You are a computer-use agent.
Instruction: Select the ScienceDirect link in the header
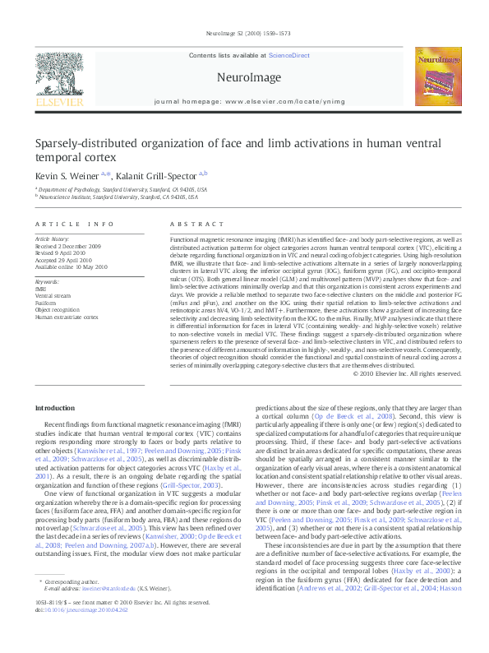[x=289, y=54]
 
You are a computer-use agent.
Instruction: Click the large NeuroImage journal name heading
[x=244, y=77]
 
